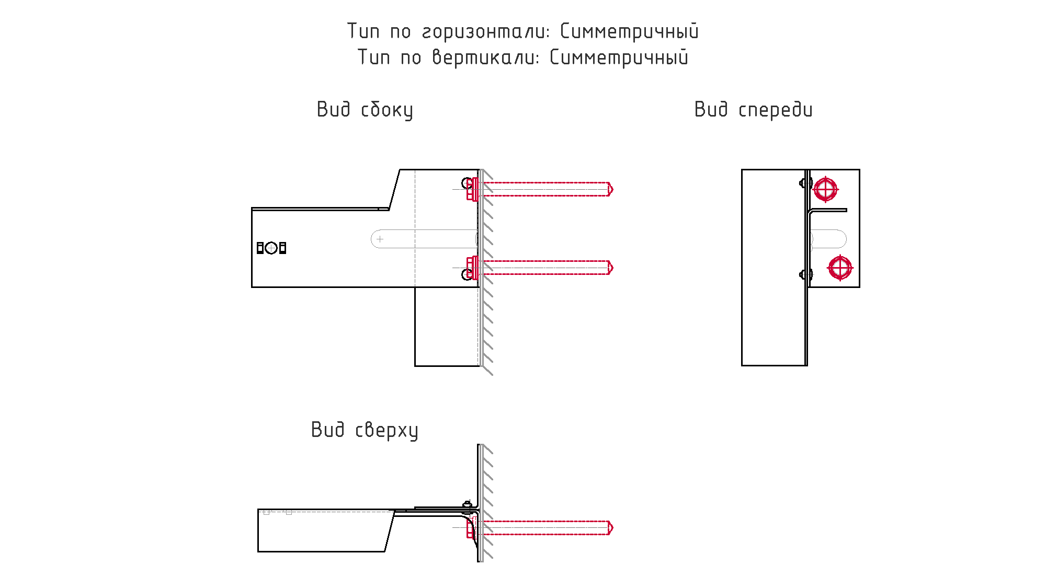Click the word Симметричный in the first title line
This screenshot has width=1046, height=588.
629,31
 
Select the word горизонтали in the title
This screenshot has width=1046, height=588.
486,32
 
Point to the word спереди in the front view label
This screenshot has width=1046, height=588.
776,110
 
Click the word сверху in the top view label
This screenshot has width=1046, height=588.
386,430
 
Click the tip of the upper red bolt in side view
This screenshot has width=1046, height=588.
612,189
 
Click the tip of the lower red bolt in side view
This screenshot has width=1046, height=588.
612,268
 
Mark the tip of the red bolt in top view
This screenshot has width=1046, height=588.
612,528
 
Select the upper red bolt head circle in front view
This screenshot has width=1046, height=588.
826,189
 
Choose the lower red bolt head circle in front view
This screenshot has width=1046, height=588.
840,268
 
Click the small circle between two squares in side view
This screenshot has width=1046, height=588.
271,248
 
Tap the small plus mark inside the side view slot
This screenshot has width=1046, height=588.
380,239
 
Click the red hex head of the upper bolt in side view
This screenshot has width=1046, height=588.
472,189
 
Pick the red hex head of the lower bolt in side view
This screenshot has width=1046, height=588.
472,268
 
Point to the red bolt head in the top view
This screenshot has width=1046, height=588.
471,528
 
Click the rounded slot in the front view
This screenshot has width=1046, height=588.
828,239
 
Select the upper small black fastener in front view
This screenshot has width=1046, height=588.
806,183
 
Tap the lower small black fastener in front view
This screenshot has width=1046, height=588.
806,274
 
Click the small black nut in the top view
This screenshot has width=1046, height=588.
468,505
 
